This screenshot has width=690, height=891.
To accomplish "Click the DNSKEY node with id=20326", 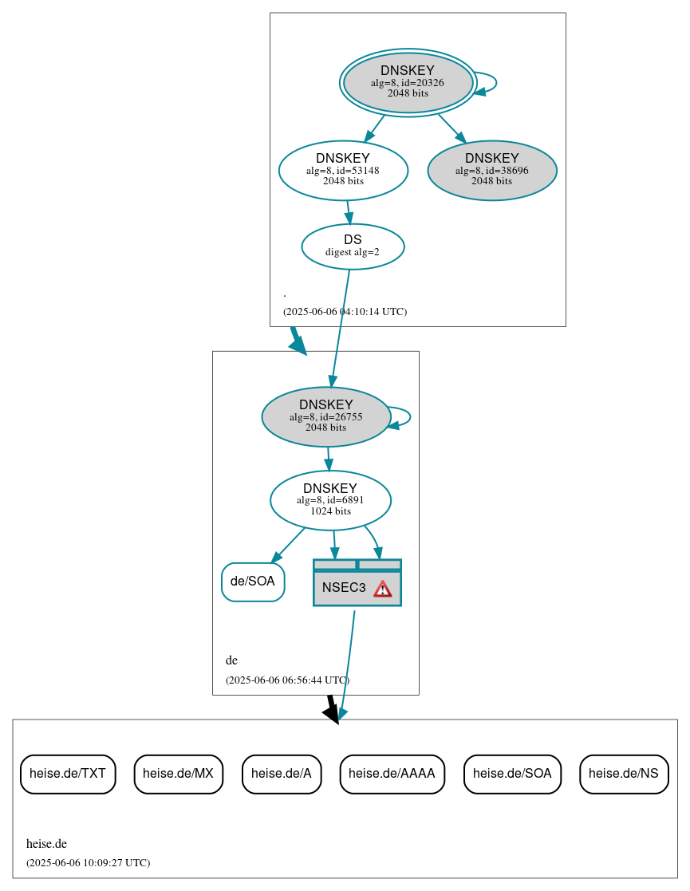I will click(x=408, y=82).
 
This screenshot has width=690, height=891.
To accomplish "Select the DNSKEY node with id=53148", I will click(x=343, y=170).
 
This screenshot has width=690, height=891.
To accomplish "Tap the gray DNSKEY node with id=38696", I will click(x=491, y=170).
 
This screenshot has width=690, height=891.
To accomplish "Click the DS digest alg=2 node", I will click(x=353, y=246).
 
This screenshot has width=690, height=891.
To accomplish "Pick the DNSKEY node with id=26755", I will click(x=325, y=416).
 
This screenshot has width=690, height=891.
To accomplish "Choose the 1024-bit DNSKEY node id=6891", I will click(x=330, y=500).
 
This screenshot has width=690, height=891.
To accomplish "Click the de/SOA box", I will click(x=252, y=582).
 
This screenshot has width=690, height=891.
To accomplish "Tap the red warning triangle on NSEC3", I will click(x=383, y=589).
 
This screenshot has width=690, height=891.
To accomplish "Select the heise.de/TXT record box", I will click(x=68, y=773).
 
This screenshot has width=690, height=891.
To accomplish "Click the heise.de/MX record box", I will click(x=178, y=773).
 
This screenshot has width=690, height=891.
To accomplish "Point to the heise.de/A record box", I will click(x=282, y=773).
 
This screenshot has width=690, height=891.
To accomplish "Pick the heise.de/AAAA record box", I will click(x=392, y=773).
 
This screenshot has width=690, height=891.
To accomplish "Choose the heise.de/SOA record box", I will click(x=512, y=773).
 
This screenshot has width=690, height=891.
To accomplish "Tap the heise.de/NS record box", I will click(x=623, y=773).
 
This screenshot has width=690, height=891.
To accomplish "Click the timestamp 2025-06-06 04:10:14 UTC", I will click(x=345, y=312).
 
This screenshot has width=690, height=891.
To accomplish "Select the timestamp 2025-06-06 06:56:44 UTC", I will click(x=287, y=680).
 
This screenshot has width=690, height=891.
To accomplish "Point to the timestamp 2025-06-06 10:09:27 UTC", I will click(x=88, y=863).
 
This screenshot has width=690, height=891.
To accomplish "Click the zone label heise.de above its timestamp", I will click(x=46, y=844).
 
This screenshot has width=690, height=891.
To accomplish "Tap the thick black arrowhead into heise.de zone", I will click(x=332, y=712).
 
